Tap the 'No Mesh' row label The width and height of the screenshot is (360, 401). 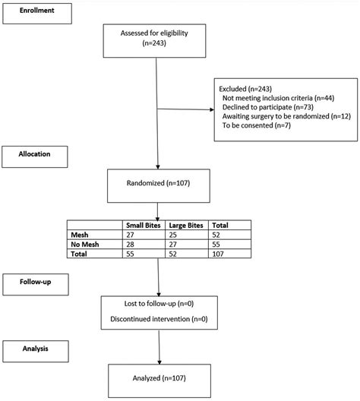click(x=86, y=245)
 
